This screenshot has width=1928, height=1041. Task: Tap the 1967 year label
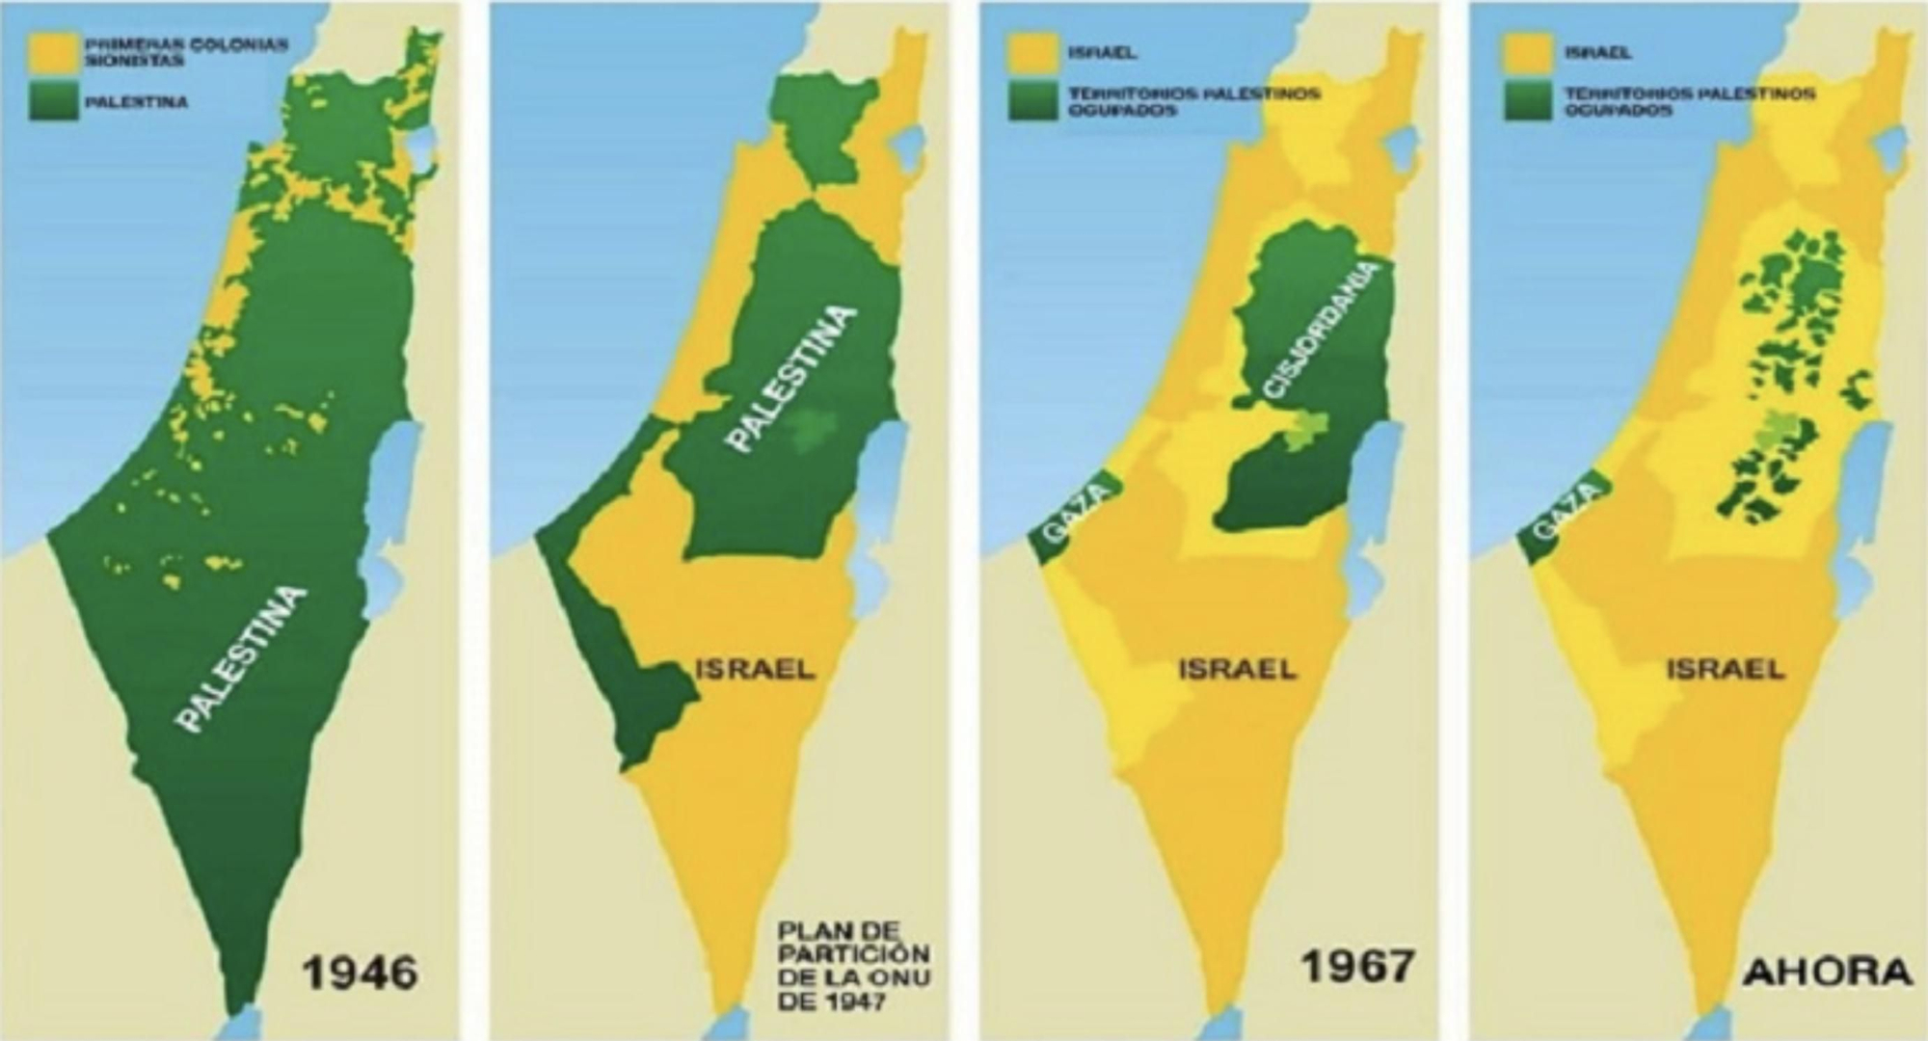[1358, 965]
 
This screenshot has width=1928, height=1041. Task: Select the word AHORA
[1827, 972]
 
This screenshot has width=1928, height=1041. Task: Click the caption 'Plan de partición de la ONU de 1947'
[854, 967]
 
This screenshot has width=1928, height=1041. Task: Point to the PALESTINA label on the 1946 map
[242, 660]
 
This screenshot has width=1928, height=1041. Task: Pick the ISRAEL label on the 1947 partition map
[755, 667]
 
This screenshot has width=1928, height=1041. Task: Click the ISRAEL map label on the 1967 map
[1238, 668]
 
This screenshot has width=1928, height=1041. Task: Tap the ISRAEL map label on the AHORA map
[1726, 668]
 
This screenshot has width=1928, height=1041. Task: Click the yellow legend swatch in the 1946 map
[53, 54]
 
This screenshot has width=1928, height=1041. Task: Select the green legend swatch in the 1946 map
[53, 102]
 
